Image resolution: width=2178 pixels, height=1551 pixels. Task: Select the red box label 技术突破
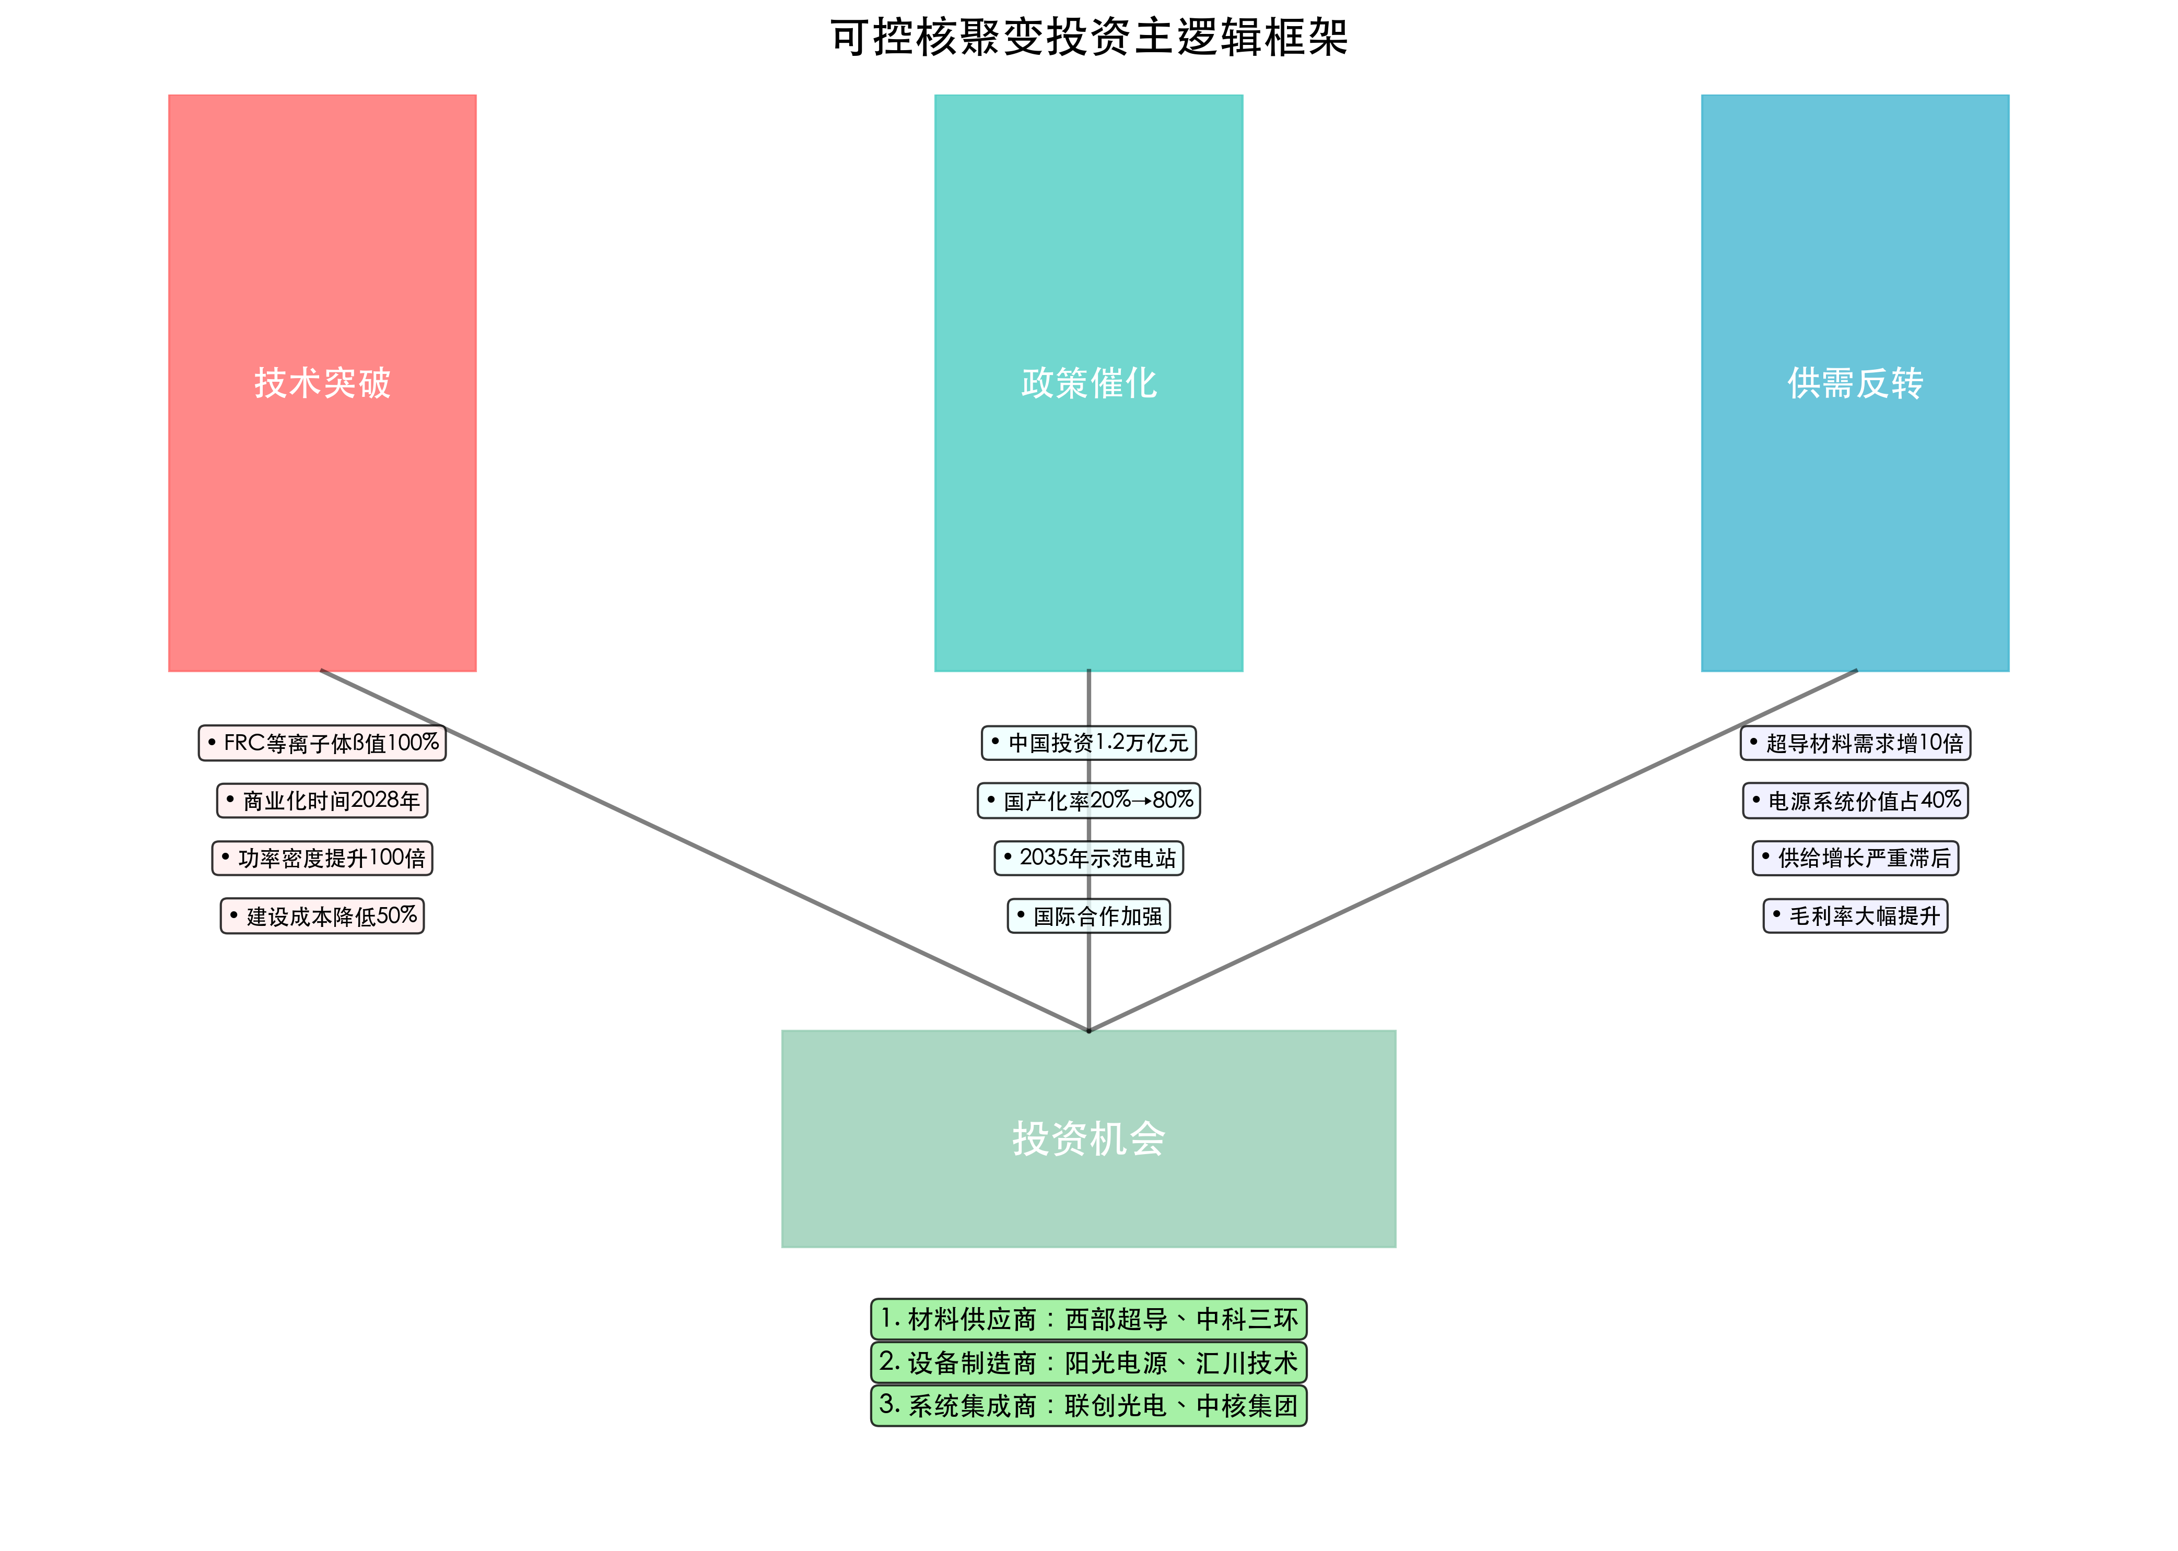click(322, 383)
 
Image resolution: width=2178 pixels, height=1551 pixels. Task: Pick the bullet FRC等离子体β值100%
click(322, 743)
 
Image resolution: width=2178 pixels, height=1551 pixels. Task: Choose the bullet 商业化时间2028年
click(322, 801)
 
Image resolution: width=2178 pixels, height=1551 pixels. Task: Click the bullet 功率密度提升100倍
click(322, 857)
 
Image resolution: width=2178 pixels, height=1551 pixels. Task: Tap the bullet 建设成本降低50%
click(322, 916)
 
